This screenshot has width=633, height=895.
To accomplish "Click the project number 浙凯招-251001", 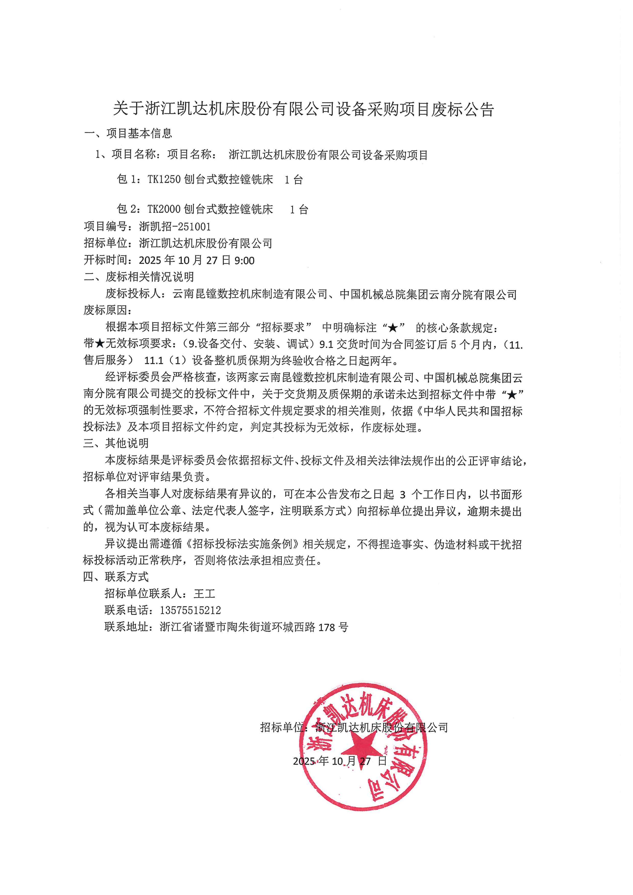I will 175,226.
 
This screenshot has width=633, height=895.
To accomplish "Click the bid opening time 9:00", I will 244,260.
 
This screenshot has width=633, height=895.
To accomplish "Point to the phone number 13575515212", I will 190,610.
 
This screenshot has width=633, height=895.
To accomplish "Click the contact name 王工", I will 204,594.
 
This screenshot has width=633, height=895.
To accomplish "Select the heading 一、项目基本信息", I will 128,134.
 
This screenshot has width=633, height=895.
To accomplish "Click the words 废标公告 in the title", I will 462,109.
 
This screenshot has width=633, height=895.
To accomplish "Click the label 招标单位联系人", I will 143,594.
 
